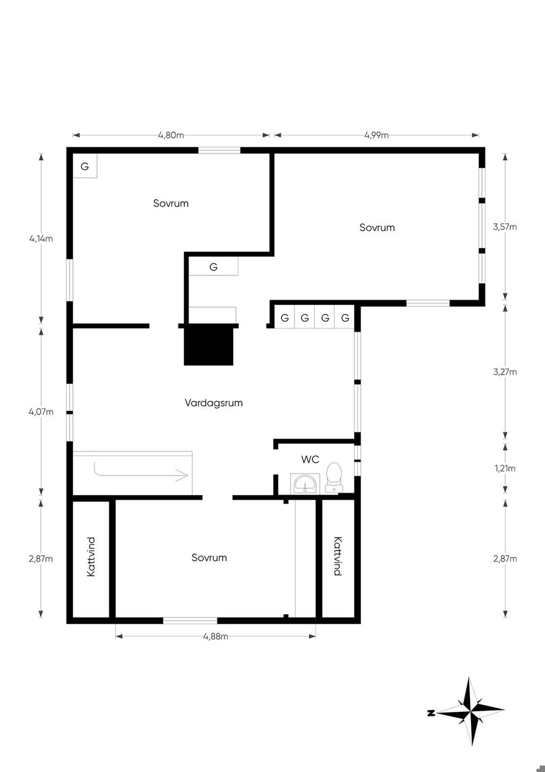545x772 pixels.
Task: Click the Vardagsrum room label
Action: pos(213,403)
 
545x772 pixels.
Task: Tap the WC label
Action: pos(310,459)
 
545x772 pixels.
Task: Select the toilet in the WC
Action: pos(334,478)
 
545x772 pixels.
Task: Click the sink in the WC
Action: pos(305,483)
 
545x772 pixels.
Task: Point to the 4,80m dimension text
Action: pos(171,135)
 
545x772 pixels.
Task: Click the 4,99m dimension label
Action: pos(376,135)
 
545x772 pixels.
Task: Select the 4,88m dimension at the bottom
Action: pos(216,636)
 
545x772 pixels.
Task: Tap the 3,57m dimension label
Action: pos(505,227)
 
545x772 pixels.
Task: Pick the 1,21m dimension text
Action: pos(505,468)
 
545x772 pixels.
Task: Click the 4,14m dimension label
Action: pos(41,239)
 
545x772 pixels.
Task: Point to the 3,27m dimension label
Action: pos(505,372)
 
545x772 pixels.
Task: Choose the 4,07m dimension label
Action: pos(41,411)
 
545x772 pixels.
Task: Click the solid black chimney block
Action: pos(209,346)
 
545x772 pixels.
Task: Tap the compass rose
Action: pos(470,711)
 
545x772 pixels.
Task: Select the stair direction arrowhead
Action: pos(182,475)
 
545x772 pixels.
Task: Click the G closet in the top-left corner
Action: pos(85,166)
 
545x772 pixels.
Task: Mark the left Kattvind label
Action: pos(91,557)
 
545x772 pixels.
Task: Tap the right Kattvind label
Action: pos(337,556)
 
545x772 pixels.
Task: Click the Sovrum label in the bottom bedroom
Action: pos(209,558)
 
